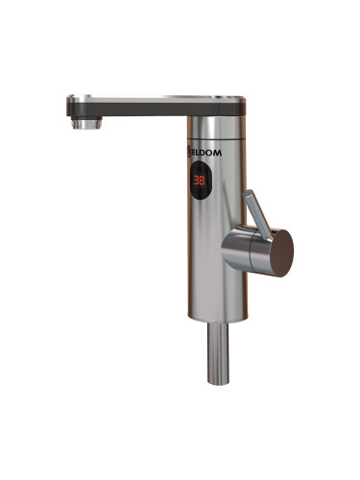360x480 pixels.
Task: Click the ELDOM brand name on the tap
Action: [206, 153]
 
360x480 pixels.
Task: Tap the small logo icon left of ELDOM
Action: [189, 152]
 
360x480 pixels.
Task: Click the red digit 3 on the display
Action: [196, 180]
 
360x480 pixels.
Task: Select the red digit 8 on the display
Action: [202, 180]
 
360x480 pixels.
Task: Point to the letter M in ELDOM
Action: [217, 153]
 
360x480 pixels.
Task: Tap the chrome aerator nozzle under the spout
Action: [86, 123]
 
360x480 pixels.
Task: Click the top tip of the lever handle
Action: [249, 191]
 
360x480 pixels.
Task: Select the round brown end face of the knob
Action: [281, 252]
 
